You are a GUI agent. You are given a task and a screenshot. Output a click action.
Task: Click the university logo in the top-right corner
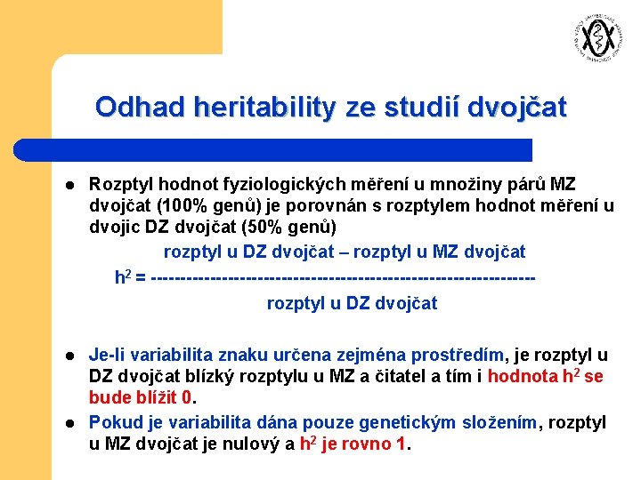pos(595,37)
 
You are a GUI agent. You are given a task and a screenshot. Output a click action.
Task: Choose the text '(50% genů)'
pos(293,229)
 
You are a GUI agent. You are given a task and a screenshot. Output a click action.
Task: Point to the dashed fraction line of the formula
pos(344,277)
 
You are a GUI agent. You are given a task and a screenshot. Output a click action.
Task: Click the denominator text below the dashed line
pos(352,304)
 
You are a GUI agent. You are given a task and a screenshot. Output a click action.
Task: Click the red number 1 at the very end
pos(400,444)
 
